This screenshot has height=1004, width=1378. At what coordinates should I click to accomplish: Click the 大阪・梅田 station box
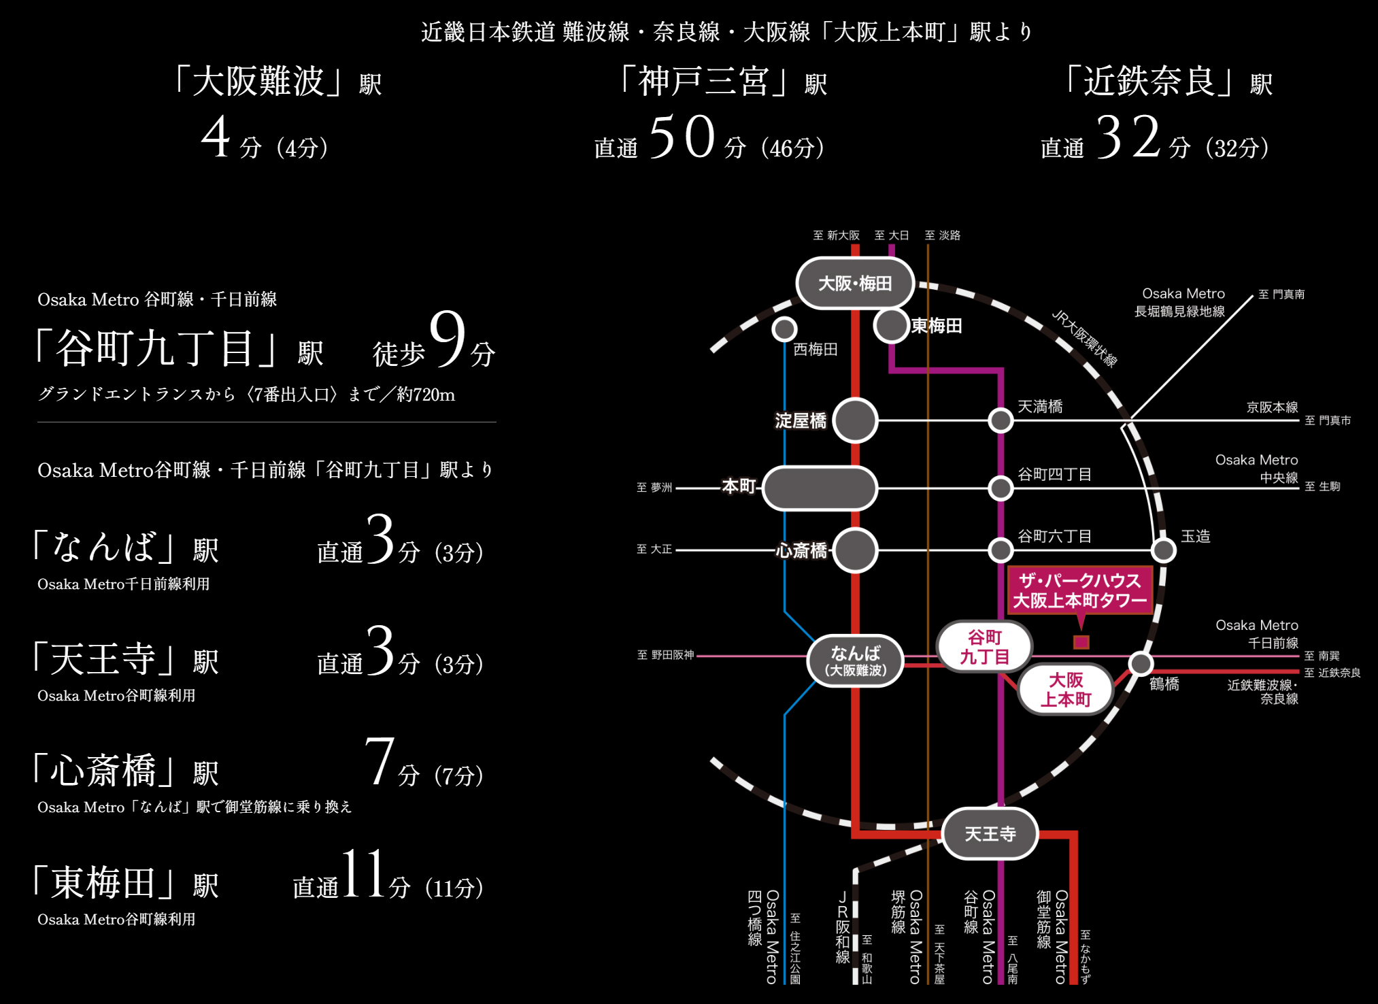(855, 283)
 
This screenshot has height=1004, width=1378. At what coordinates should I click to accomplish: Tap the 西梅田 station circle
(784, 329)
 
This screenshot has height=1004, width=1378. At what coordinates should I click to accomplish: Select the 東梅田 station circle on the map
(891, 326)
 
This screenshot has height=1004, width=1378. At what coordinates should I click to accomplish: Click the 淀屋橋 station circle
(855, 420)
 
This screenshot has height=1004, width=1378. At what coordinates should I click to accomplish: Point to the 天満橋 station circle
(1001, 420)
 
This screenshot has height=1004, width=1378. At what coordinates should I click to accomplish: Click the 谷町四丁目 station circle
(1001, 488)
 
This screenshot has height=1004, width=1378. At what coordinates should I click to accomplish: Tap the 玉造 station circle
(1164, 550)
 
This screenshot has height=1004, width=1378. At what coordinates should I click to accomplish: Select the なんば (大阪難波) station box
(856, 660)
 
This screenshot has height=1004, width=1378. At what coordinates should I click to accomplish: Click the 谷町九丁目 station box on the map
(984, 647)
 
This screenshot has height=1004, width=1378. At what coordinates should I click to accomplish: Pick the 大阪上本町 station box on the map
(1066, 689)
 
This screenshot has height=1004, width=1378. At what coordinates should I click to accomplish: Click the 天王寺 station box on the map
(990, 833)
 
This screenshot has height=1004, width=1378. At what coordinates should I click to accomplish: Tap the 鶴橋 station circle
(1141, 663)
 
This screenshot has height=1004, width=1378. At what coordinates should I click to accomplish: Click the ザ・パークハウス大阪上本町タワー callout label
(1080, 590)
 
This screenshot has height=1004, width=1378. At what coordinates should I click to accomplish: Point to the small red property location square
(1081, 642)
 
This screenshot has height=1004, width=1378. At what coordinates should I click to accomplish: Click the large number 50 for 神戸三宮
(682, 137)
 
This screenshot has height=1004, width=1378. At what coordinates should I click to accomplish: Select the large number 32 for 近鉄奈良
(1128, 137)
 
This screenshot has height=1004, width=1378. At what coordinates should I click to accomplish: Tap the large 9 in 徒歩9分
(448, 338)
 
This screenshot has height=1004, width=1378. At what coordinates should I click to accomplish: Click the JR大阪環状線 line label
(1084, 338)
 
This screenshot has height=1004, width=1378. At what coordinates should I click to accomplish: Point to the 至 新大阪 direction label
(836, 235)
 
